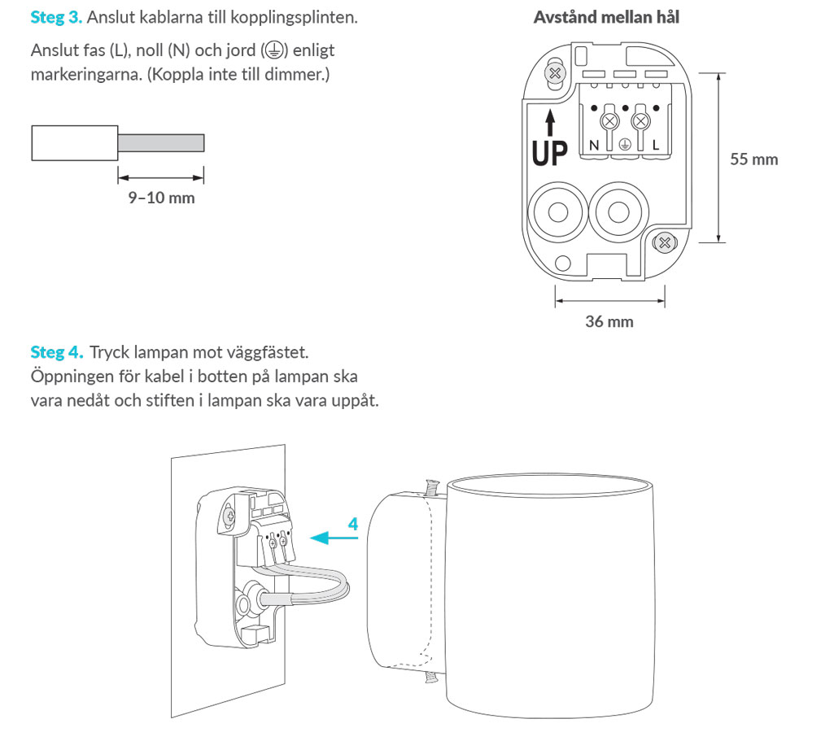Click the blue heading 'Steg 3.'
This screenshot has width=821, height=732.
pos(56,17)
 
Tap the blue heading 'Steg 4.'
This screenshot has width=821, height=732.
pos(56,353)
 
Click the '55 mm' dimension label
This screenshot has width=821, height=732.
pos(753,159)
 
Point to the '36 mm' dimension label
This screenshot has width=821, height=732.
pos(609,322)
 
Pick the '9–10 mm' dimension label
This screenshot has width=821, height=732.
pos(161,198)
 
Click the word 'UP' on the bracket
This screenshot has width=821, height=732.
pos(550,152)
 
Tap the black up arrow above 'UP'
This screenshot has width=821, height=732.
pos(550,122)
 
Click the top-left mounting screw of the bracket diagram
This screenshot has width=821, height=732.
pos(556,73)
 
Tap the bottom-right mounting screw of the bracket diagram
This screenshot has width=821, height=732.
pos(664,242)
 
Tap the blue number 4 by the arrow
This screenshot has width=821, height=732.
pos(352,525)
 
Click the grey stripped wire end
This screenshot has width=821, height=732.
pos(161,143)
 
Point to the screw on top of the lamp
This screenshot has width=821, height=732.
pos(431,487)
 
